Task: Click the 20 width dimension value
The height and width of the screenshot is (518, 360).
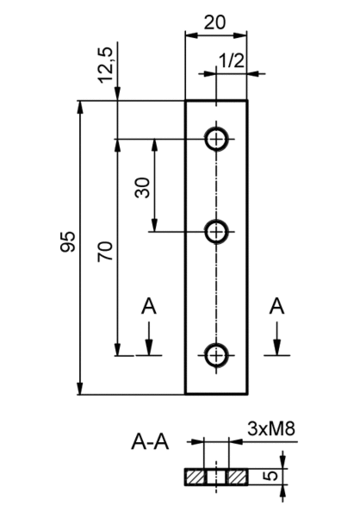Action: coord(214,22)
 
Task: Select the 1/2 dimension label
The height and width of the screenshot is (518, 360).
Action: coord(232,60)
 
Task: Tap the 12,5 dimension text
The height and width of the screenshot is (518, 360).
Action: coord(105,65)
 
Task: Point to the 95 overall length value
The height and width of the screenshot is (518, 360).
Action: coord(68,242)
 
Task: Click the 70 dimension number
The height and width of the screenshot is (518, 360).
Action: coord(105,252)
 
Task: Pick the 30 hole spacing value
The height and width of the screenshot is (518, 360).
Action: coord(143,188)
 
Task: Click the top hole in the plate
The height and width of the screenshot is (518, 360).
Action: coord(216,139)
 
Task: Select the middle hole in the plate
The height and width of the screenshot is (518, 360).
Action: coord(216,232)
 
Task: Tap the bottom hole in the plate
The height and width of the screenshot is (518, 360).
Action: coord(216,355)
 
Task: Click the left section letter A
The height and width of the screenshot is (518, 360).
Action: coord(149,307)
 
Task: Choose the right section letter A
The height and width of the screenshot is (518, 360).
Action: coord(276,306)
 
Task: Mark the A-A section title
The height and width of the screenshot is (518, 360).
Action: coord(150,442)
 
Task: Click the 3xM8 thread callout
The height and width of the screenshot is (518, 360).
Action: coord(271,429)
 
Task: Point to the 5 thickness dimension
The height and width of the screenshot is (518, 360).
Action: coord(271,477)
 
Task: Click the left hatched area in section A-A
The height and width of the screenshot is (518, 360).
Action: coord(195,477)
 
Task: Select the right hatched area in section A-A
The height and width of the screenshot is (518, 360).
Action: coord(237,477)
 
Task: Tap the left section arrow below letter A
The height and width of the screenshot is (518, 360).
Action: coord(149,339)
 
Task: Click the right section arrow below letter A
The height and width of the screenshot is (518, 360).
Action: coord(276,339)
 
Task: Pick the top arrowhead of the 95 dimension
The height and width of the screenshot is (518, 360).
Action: coord(80,108)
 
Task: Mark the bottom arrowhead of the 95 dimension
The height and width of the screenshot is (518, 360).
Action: coord(80,387)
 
